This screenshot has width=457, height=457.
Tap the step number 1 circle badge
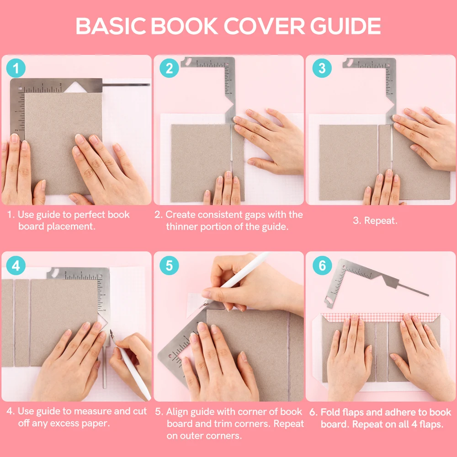16,69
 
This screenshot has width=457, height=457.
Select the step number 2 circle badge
169,69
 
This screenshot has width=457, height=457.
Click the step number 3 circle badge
322,69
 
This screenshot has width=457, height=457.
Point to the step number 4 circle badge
16,266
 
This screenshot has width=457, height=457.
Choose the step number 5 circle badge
169,266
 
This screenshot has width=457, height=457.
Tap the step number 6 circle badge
322,266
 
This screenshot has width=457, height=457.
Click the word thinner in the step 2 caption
183,227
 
